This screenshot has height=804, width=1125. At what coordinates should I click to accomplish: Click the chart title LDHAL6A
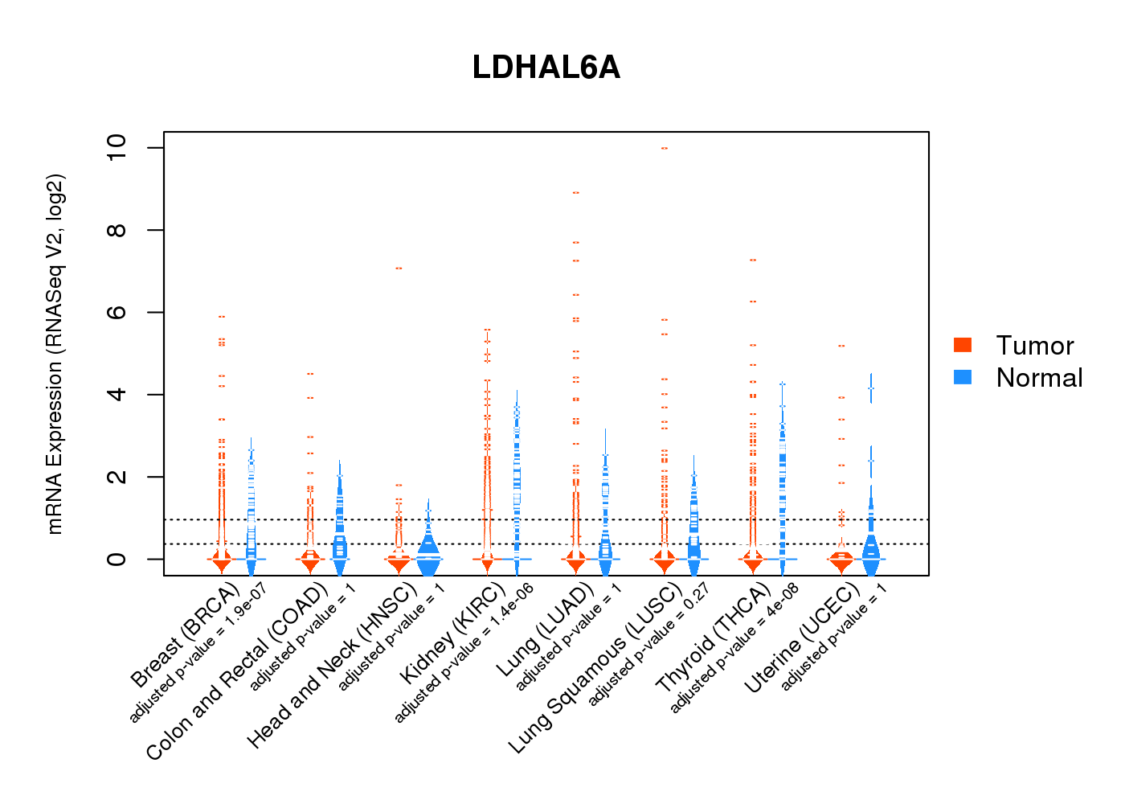(546, 68)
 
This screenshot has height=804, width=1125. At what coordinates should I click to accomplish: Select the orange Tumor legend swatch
(963, 345)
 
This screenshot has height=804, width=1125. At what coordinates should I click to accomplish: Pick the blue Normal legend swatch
(963, 377)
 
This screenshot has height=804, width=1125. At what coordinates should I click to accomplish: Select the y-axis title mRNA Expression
(55, 354)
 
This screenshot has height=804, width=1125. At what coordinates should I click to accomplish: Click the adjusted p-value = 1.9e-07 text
(198, 653)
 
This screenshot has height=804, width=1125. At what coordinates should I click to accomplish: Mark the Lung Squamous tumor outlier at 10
(664, 148)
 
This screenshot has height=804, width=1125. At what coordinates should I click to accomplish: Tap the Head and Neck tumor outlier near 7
(398, 268)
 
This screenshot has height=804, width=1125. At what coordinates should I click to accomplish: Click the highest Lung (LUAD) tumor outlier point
(575, 193)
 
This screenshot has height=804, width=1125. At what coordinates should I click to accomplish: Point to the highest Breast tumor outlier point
(221, 317)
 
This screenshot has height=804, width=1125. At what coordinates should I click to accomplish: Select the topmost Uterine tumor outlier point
(841, 346)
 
